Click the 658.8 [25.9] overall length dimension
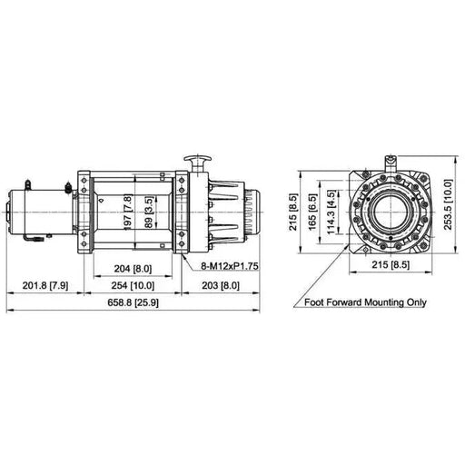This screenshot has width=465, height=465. pos(133,302)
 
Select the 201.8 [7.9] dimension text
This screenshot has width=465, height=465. pos(45,285)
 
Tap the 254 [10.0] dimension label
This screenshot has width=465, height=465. pos(133,285)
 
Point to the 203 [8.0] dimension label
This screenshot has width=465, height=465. pos(221,285)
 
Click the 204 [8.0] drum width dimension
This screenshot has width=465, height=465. pos(133,269)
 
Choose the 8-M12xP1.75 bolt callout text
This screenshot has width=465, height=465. pos(230,266)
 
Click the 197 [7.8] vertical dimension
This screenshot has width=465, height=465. pos(128,213)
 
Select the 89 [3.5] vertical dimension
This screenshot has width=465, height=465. pos(149,213)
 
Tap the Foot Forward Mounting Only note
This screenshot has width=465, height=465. pos(365,302)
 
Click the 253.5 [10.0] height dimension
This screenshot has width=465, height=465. pos(448,205)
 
